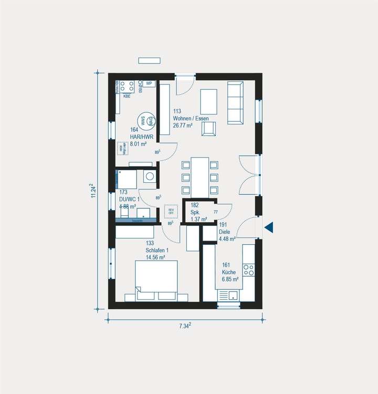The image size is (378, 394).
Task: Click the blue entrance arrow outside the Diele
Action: click(269, 227)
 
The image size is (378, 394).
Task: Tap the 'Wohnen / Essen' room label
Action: click(191, 119)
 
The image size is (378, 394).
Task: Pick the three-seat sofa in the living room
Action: click(235, 101)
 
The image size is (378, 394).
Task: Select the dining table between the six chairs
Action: click(199, 177)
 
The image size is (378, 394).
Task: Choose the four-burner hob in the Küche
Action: click(248, 269)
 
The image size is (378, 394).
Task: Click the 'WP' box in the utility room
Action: click(149, 84)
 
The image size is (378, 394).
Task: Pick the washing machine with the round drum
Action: click(150, 177)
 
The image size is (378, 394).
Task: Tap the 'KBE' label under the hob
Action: click(127, 96)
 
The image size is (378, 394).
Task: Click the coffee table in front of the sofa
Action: click(208, 101)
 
